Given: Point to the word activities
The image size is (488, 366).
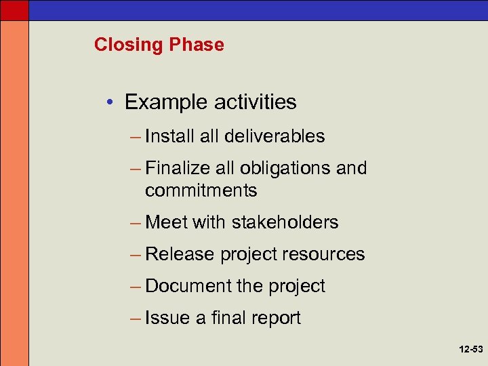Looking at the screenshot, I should [256, 102].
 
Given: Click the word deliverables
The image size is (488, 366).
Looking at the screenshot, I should [274, 136].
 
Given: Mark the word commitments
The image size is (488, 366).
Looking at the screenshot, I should [201, 190].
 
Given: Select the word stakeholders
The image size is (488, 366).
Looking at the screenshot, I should [285, 222].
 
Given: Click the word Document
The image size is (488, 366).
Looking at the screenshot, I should [188, 286].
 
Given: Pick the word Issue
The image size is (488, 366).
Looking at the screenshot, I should [167, 318].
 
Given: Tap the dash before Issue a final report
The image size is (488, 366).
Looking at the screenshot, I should [136, 318].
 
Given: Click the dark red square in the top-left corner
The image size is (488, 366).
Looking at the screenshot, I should [14, 9].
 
